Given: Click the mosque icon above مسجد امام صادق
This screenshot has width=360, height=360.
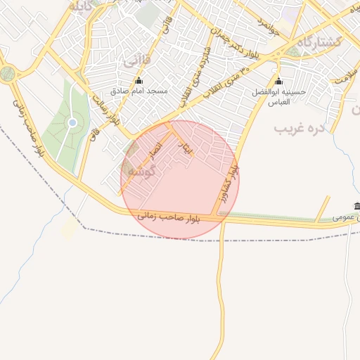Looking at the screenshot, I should click(x=138, y=80).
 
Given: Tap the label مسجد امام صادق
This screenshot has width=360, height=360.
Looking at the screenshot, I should click(x=138, y=91).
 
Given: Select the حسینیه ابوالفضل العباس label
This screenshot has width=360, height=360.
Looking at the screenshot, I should click(x=279, y=97).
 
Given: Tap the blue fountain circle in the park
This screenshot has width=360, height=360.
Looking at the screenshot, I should click(x=72, y=124).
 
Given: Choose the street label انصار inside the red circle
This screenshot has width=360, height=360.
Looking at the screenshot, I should click(x=154, y=149).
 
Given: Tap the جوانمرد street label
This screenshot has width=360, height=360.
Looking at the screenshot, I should click(x=268, y=28).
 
